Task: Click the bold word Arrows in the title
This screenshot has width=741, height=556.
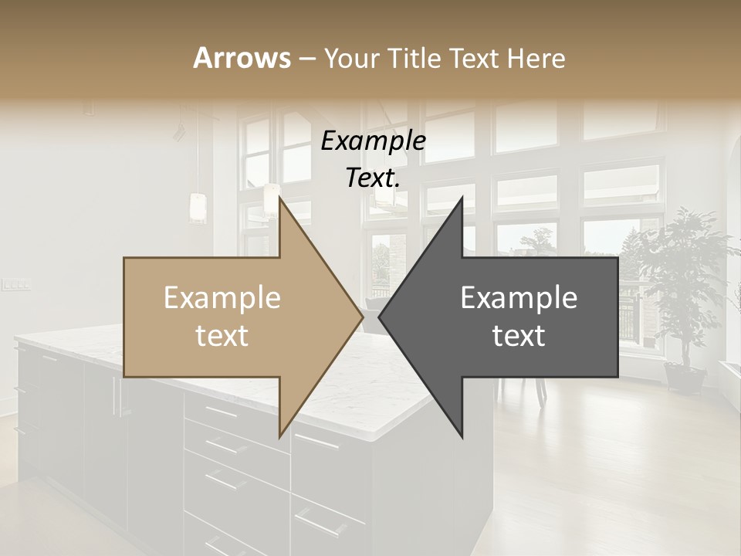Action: pyautogui.click(x=242, y=58)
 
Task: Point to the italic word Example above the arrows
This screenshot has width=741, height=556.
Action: pyautogui.click(x=373, y=141)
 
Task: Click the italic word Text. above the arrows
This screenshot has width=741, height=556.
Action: pyautogui.click(x=373, y=178)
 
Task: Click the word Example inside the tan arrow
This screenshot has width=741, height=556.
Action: pyautogui.click(x=222, y=298)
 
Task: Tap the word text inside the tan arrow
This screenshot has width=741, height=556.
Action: pyautogui.click(x=222, y=336)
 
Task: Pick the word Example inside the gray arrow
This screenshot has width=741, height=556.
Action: pyautogui.click(x=519, y=298)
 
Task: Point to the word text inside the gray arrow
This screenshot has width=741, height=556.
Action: pyautogui.click(x=519, y=336)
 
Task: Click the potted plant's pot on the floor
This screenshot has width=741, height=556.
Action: pyautogui.click(x=685, y=378)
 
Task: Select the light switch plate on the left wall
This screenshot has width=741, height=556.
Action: pyautogui.click(x=15, y=284)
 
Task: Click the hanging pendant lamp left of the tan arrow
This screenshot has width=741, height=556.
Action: pyautogui.click(x=198, y=207)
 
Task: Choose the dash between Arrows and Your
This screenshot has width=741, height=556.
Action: pyautogui.click(x=306, y=59)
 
